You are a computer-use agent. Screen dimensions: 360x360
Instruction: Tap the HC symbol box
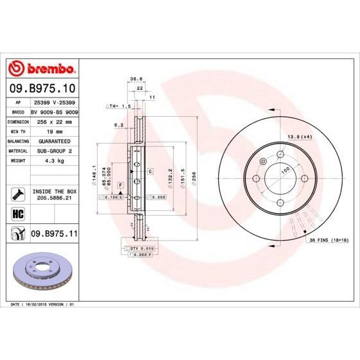click(x=17, y=213)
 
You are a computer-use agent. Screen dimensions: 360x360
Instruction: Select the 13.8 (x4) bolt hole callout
click(x=299, y=137)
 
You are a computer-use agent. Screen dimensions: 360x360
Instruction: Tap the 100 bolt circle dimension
click(x=285, y=169)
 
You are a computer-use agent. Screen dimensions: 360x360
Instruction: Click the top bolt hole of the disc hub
click(x=280, y=154)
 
